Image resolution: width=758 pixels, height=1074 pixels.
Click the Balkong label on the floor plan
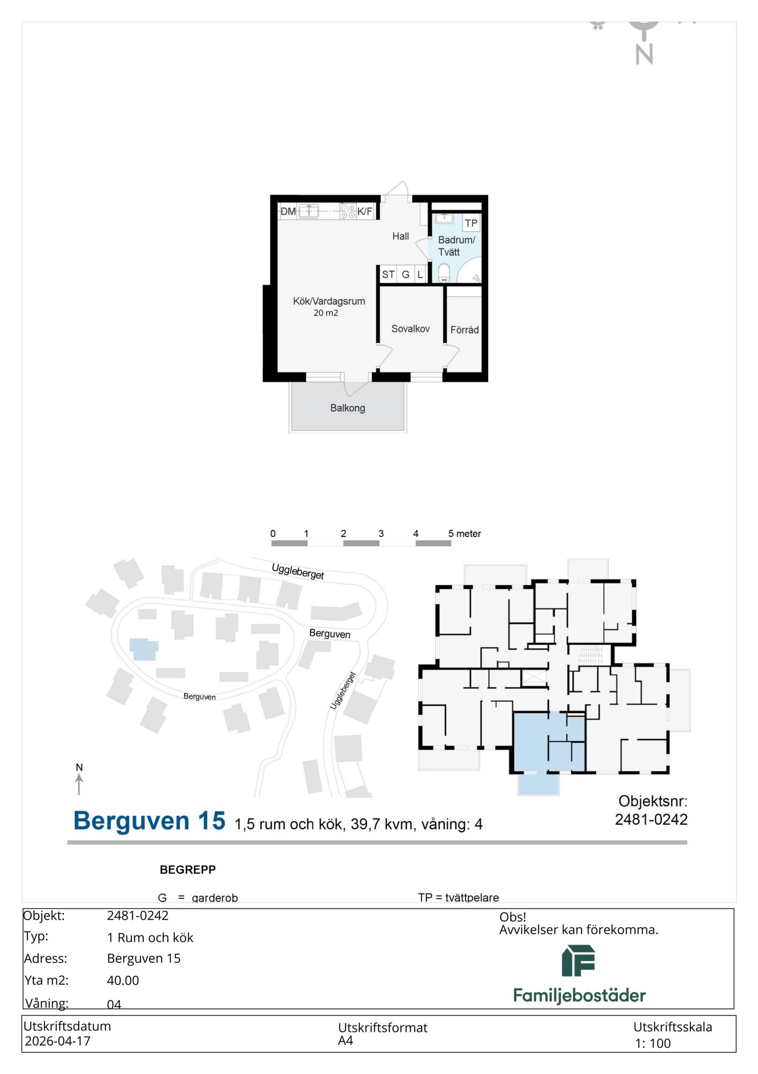click(x=348, y=408)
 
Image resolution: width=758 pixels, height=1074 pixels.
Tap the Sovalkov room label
click(x=410, y=329)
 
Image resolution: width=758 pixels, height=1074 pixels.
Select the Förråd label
click(x=465, y=330)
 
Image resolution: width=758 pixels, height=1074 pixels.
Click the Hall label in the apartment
click(x=400, y=236)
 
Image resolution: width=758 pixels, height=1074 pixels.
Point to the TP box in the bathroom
click(x=471, y=223)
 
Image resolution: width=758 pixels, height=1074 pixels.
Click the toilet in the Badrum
click(x=444, y=273)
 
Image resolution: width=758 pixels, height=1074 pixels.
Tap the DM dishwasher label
click(x=288, y=212)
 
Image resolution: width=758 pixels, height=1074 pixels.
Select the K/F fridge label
click(x=365, y=212)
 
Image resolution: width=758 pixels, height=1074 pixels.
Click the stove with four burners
click(x=348, y=212)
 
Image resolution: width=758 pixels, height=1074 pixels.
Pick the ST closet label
click(x=388, y=274)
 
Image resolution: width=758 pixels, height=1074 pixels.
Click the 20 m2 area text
click(x=326, y=313)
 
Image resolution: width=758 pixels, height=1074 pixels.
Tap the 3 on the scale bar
click(x=381, y=534)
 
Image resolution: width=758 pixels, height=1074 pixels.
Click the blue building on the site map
click(x=144, y=649)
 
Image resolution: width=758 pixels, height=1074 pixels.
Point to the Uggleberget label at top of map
click(x=298, y=571)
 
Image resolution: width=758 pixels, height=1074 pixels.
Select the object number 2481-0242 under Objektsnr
click(x=651, y=819)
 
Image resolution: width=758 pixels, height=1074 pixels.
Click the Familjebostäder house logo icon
click(x=578, y=961)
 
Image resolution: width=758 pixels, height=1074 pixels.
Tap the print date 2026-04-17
click(x=57, y=1041)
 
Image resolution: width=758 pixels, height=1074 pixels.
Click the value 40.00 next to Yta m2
click(x=123, y=981)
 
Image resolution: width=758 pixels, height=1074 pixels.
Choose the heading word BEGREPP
click(x=188, y=870)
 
